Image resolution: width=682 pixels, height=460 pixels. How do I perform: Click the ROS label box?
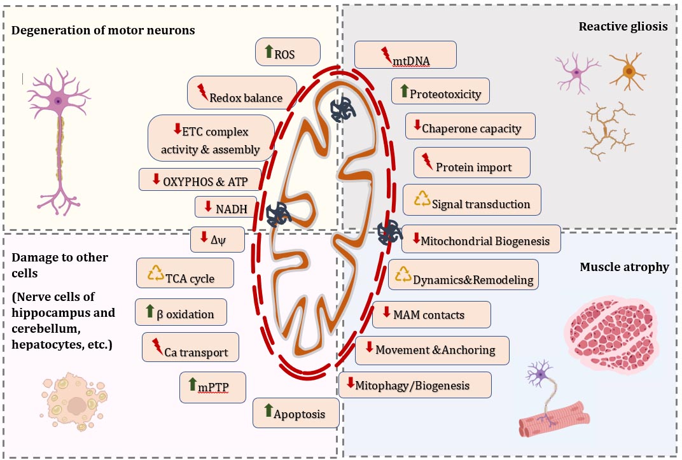(x=288, y=52)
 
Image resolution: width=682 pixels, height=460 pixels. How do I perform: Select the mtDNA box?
(x=405, y=55)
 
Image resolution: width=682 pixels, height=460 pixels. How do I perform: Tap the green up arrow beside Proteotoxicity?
(x=404, y=91)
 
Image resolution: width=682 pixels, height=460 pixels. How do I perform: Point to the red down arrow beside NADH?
(x=208, y=206)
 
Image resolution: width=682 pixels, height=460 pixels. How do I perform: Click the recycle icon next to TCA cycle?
(x=156, y=274)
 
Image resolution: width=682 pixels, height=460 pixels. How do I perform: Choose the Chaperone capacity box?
(x=470, y=126)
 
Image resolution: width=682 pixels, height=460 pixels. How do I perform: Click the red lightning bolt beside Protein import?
(x=428, y=161)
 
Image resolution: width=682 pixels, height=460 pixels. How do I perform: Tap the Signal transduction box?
(x=472, y=200)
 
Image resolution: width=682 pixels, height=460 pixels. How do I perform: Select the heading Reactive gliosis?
(x=623, y=27)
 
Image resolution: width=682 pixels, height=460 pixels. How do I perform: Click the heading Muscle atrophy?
(x=624, y=267)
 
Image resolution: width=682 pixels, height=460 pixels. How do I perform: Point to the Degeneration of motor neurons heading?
(x=103, y=31)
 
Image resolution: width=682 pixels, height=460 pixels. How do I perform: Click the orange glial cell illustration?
(x=628, y=71)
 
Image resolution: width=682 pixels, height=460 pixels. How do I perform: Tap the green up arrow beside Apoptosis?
(x=268, y=410)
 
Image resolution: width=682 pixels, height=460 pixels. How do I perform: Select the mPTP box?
(x=212, y=387)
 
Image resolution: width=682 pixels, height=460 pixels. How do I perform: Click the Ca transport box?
(x=190, y=347)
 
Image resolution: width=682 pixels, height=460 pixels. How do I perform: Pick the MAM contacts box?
(x=431, y=314)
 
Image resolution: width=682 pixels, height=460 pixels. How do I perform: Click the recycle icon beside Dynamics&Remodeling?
(x=403, y=274)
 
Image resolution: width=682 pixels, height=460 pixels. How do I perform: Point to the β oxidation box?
(x=181, y=312)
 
